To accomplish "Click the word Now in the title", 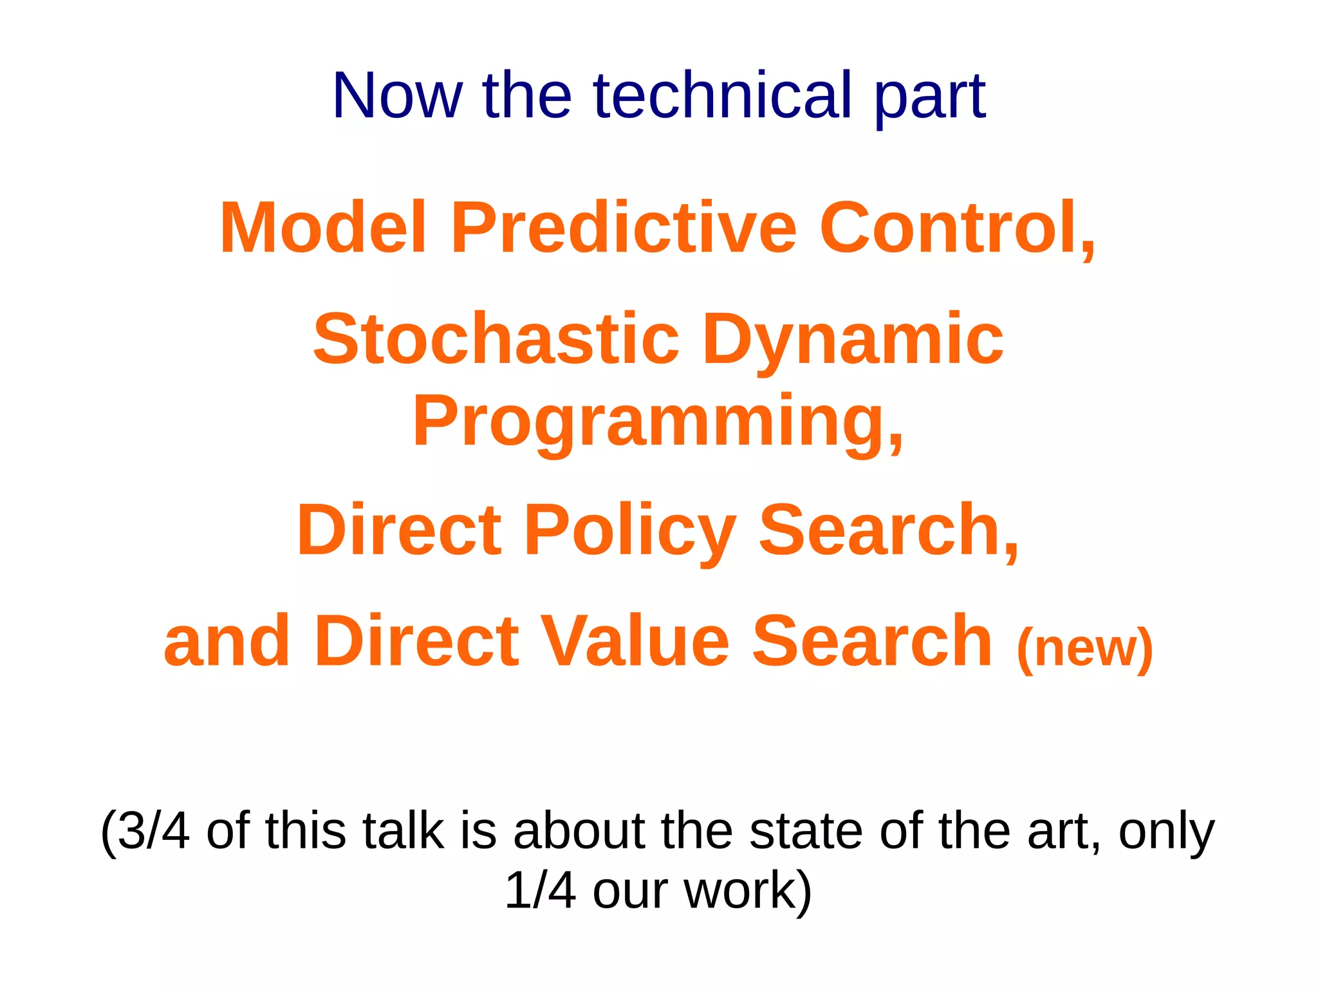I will (x=396, y=96).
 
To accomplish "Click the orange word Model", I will (x=323, y=228).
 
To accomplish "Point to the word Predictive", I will (x=624, y=228).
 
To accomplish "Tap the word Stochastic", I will (x=496, y=339).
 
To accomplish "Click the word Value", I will (x=633, y=641).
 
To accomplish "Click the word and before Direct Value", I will (x=227, y=641).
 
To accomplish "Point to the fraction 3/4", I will (x=153, y=831).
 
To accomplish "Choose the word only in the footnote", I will (x=1166, y=832).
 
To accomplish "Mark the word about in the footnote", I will (x=578, y=831).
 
